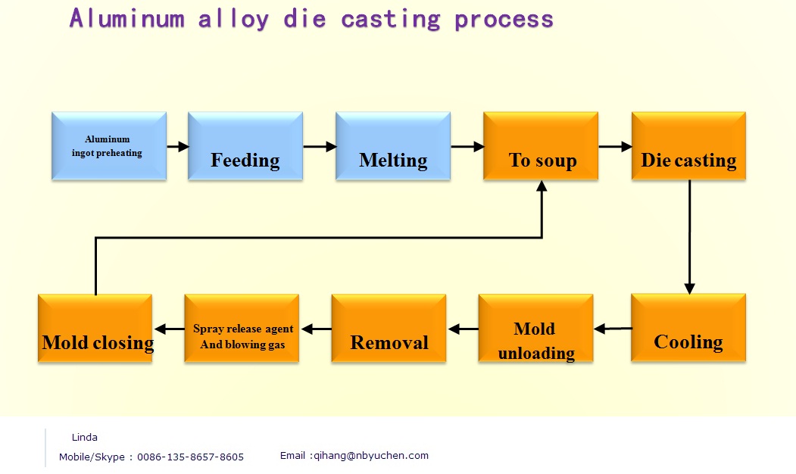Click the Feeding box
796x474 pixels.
(x=245, y=146)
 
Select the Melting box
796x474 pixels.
(x=393, y=146)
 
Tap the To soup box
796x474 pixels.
(x=541, y=146)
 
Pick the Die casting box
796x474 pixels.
(x=688, y=146)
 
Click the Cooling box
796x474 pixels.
(x=688, y=328)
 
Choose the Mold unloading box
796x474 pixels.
(x=535, y=328)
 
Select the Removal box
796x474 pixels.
(x=389, y=328)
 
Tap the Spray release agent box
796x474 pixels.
(x=242, y=328)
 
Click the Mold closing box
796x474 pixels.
(x=95, y=328)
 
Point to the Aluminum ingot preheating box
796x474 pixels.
(x=109, y=146)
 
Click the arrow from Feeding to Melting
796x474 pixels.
(x=319, y=147)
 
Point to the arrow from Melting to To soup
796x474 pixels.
(x=467, y=147)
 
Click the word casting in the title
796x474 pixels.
(x=391, y=19)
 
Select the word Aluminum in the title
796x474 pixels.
(x=126, y=19)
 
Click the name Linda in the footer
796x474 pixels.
(x=85, y=437)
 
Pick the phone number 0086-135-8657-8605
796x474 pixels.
(x=190, y=457)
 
